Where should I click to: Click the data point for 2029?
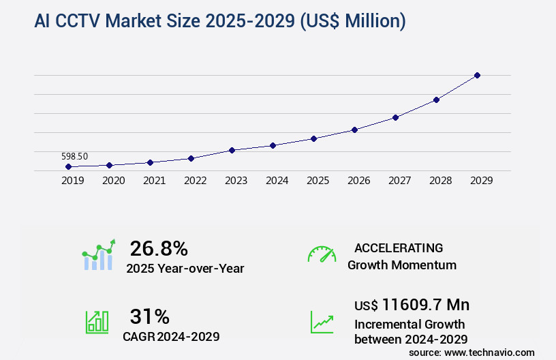(477, 75)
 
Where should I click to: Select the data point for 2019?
(68, 166)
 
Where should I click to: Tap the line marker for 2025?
(313, 138)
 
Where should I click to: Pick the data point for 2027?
(395, 117)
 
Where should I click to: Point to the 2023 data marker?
(232, 150)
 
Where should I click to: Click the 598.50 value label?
(74, 156)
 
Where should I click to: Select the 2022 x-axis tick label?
(195, 181)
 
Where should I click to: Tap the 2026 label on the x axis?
(358, 181)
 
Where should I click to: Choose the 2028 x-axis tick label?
(440, 181)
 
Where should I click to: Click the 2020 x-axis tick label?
(113, 181)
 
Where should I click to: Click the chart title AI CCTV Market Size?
(219, 22)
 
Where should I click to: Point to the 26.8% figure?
(159, 248)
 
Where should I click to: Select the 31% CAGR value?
(149, 316)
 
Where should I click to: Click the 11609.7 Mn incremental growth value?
(412, 305)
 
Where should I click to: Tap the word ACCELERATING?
(399, 248)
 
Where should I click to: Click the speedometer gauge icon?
(322, 254)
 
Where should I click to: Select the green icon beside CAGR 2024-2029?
(97, 322)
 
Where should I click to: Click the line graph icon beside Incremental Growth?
(322, 322)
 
